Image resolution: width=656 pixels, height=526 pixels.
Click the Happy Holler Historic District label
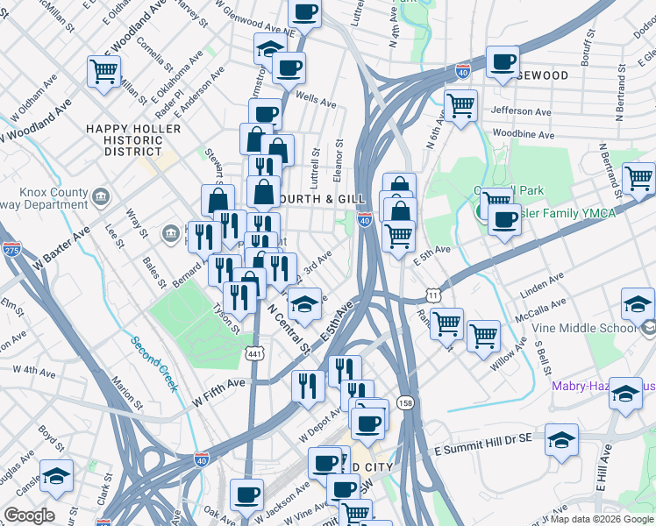pyautogui.click(x=132, y=140)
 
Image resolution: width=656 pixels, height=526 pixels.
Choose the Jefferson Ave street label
pyautogui.click(x=524, y=111)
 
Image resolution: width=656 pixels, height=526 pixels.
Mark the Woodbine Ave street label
pyautogui.click(x=523, y=135)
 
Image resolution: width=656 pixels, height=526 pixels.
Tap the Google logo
pyautogui.click(x=29, y=515)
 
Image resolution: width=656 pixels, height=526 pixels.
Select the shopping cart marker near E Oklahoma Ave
pyautogui.click(x=103, y=71)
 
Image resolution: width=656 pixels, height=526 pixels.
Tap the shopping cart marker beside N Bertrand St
pyautogui.click(x=638, y=178)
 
